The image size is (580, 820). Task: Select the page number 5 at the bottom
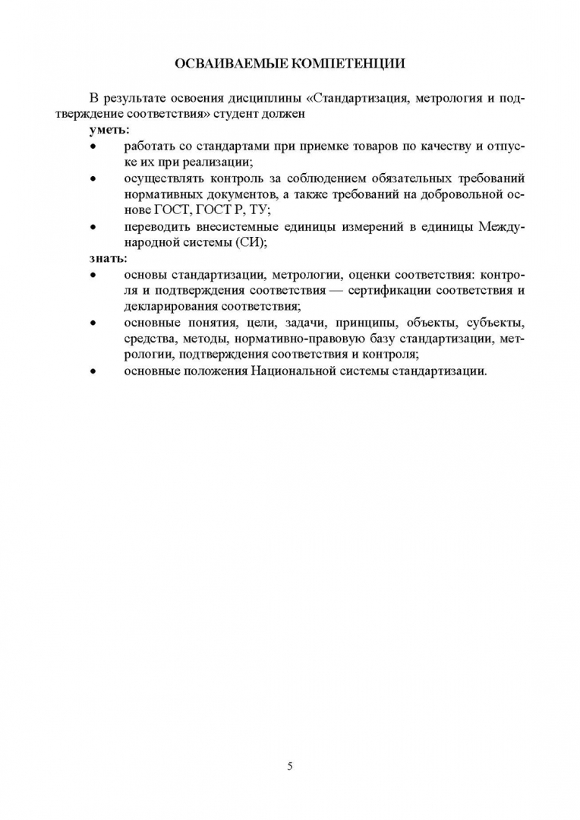290,765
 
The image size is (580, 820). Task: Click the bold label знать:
109,258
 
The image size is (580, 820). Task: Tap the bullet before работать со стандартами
93,147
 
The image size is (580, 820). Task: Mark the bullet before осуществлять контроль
93,179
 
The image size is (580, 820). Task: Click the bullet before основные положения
93,371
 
